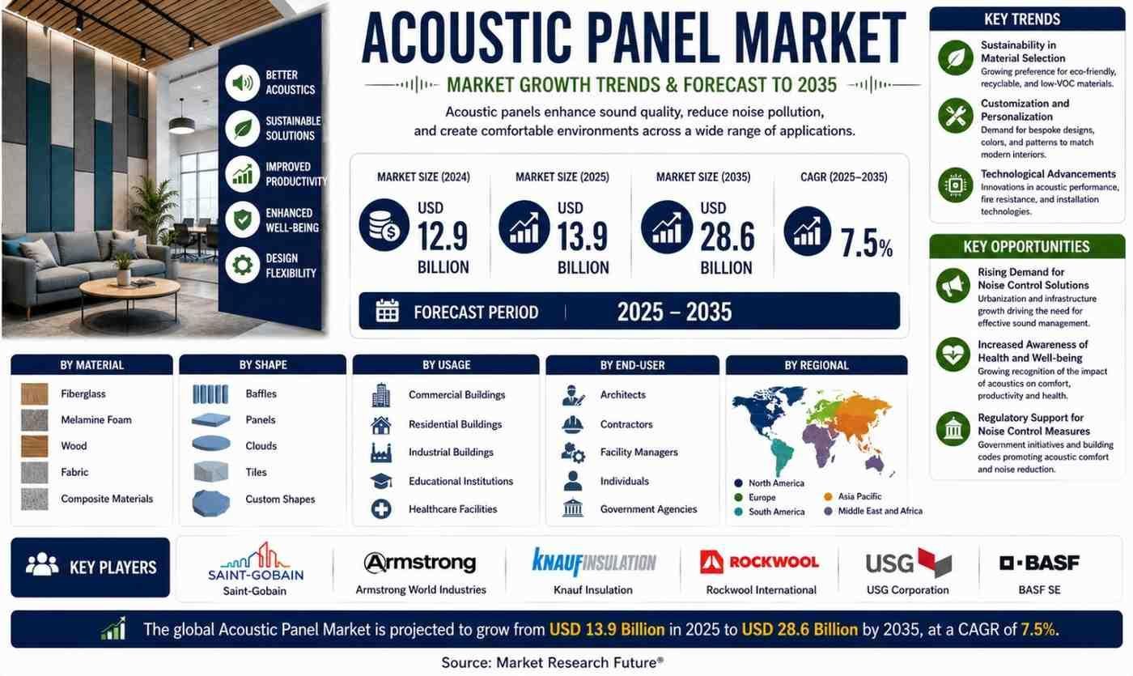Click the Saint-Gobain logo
256,561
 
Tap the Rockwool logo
759,562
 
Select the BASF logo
1039,563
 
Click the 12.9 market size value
443,236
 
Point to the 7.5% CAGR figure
867,243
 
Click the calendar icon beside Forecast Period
388,311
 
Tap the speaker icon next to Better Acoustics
243,83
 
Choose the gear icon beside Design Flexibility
243,266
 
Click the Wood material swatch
34,446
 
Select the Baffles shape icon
210,393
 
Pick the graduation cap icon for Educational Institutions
381,481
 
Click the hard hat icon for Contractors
573,424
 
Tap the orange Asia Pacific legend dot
828,497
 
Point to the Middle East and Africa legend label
881,511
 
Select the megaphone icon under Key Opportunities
953,286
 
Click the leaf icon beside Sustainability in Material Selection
956,57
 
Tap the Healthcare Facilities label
452,509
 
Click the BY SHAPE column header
263,365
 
